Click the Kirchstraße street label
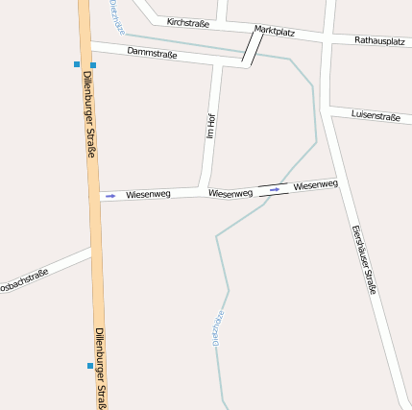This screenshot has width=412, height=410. click(187, 21)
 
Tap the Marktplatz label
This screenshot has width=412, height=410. click(275, 31)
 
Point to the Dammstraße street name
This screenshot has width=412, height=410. click(152, 54)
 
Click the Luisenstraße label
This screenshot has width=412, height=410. click(376, 115)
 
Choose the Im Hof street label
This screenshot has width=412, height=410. click(210, 126)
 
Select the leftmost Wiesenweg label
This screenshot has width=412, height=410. click(148, 194)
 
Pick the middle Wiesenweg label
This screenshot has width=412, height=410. click(230, 193)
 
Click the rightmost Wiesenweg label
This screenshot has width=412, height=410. click(316, 184)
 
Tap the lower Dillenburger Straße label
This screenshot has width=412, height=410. click(101, 368)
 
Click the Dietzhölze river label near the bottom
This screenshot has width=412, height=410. click(218, 327)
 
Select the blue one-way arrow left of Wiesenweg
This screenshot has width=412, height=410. click(110, 196)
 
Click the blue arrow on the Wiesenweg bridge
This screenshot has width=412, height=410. click(275, 189)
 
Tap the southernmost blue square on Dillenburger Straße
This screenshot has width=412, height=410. click(90, 366)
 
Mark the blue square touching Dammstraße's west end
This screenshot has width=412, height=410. click(93, 65)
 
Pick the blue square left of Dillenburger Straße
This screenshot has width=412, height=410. click(77, 64)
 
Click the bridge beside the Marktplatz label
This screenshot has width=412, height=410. click(253, 48)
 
